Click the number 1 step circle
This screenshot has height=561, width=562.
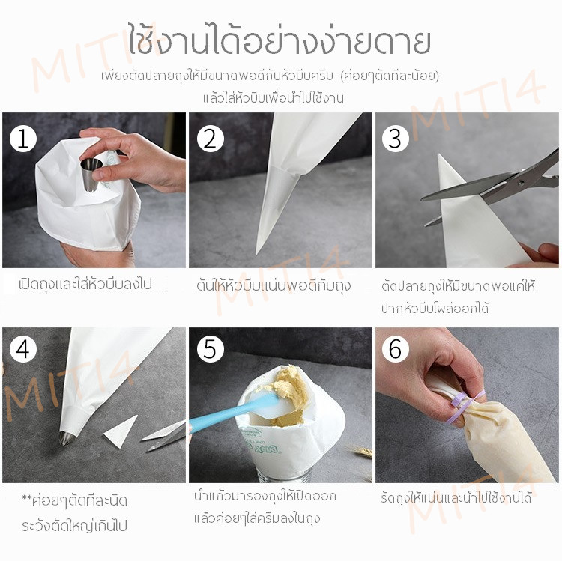(23, 139)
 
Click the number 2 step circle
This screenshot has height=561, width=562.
(211, 139)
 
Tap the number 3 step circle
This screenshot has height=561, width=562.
(396, 139)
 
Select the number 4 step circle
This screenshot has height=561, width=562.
(23, 349)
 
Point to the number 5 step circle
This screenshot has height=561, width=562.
(211, 349)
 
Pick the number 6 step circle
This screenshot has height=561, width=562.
(396, 349)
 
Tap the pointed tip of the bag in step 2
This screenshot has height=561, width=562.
(256, 252)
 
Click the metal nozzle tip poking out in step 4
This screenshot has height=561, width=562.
(67, 437)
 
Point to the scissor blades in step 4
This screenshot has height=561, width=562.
(163, 436)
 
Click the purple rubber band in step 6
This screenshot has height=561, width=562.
(466, 407)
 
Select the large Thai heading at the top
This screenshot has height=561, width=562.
(280, 41)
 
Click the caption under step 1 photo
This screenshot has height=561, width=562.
(85, 284)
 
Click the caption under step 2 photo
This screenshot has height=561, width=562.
(273, 285)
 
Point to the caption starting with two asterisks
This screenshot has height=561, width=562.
(74, 513)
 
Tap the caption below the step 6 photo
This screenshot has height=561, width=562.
(456, 498)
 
